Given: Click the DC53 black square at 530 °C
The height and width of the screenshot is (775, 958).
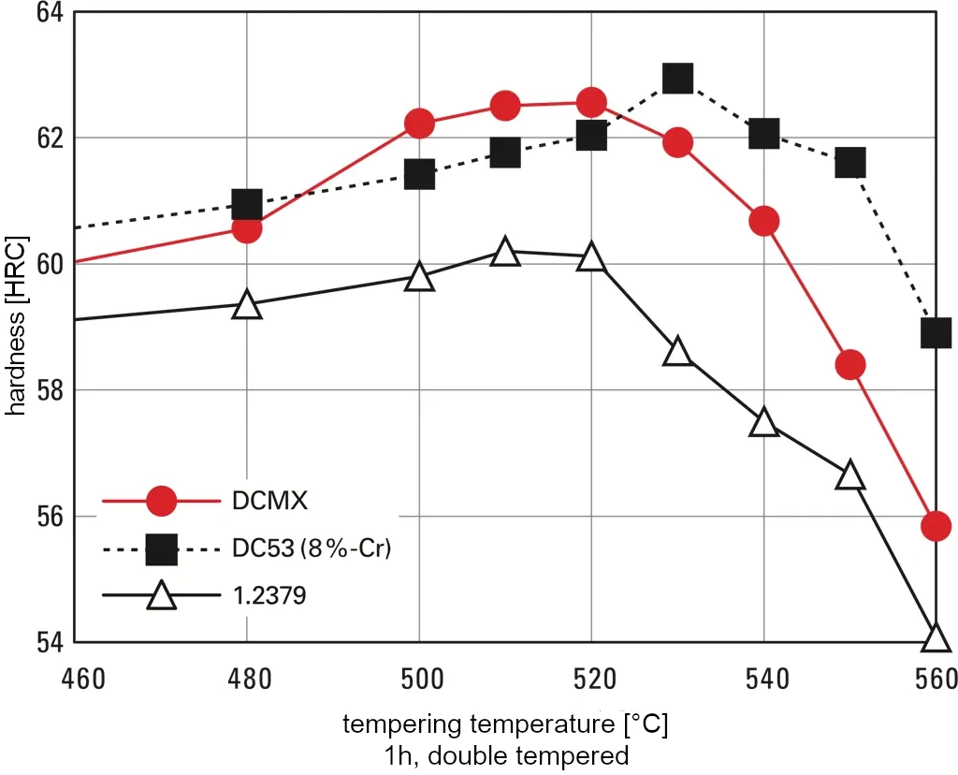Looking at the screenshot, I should pyautogui.click(x=677, y=78).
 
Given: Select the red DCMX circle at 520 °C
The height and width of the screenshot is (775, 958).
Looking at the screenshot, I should pyautogui.click(x=591, y=101).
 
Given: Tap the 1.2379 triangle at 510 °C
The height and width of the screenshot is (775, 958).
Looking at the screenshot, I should pyautogui.click(x=505, y=252).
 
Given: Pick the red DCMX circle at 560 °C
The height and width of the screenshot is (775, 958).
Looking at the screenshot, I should pyautogui.click(x=936, y=526).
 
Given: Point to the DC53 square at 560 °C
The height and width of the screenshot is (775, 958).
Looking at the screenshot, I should pyautogui.click(x=936, y=332).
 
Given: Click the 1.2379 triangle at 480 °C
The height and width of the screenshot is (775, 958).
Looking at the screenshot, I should pyautogui.click(x=247, y=305).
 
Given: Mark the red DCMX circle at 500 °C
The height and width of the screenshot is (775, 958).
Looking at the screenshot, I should pyautogui.click(x=419, y=124).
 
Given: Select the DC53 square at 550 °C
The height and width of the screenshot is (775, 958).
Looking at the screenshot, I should pyautogui.click(x=849, y=162).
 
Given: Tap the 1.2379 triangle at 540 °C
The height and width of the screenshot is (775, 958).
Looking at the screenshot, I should pyautogui.click(x=764, y=423).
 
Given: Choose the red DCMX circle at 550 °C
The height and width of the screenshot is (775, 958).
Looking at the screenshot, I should pyautogui.click(x=849, y=364).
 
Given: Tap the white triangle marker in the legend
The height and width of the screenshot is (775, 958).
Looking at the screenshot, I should pyautogui.click(x=162, y=596).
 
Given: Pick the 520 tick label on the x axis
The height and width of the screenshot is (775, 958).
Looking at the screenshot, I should pyautogui.click(x=591, y=677).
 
